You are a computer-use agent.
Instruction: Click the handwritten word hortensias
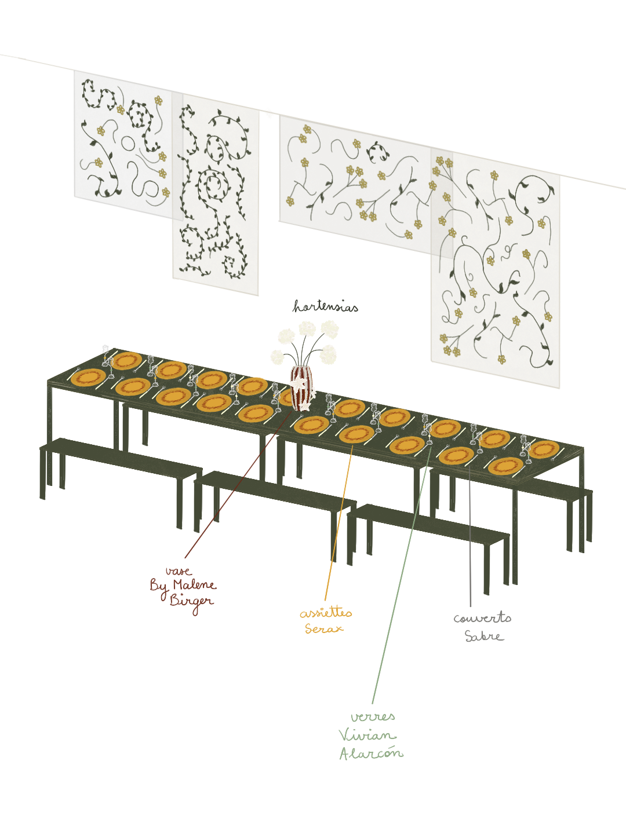point(325,306)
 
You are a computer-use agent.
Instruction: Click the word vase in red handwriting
point(179,571)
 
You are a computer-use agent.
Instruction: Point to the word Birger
point(191,601)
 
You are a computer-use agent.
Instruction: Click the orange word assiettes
point(326,613)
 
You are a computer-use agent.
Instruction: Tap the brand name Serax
point(324,628)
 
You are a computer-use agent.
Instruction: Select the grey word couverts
point(482,618)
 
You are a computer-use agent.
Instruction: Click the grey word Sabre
point(484,636)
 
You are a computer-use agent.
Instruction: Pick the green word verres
point(373,717)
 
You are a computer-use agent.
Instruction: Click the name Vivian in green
point(367,736)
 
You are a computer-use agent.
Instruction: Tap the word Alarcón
point(371,753)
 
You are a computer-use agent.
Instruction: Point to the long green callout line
point(400,579)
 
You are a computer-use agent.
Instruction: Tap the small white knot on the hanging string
point(269,113)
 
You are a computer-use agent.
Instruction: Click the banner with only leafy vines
point(216,197)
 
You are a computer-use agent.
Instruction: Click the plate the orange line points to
point(356,434)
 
